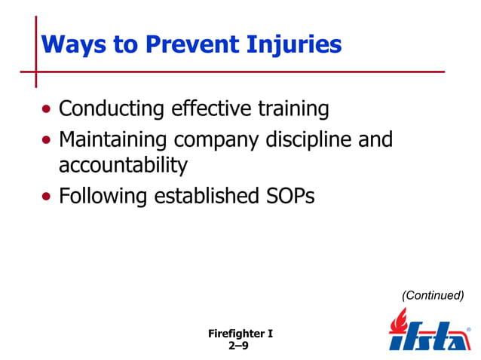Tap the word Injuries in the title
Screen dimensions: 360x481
coord(297,45)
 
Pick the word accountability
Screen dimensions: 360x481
coord(123,166)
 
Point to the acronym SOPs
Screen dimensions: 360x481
coord(288,197)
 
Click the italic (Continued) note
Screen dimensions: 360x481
coord(433,296)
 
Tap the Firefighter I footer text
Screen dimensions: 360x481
coord(240,332)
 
